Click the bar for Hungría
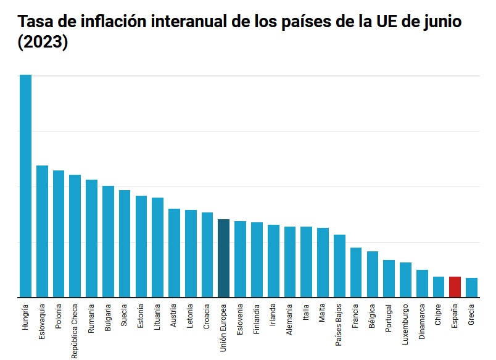[25, 185]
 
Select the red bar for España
[455, 287]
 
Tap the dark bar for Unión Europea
[223, 258]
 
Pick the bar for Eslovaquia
[42, 231]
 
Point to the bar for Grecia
[471, 287]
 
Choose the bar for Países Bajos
[339, 266]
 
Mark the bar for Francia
[356, 272]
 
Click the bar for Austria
[174, 253]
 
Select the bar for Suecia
[125, 243]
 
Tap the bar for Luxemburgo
[405, 280]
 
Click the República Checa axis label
[75, 331]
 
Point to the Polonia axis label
[59, 318]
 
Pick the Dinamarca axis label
[422, 322]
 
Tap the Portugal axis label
[389, 319]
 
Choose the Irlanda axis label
[273, 317]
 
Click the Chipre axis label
[438, 316]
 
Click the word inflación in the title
[116, 22]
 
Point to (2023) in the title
[43, 44]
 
